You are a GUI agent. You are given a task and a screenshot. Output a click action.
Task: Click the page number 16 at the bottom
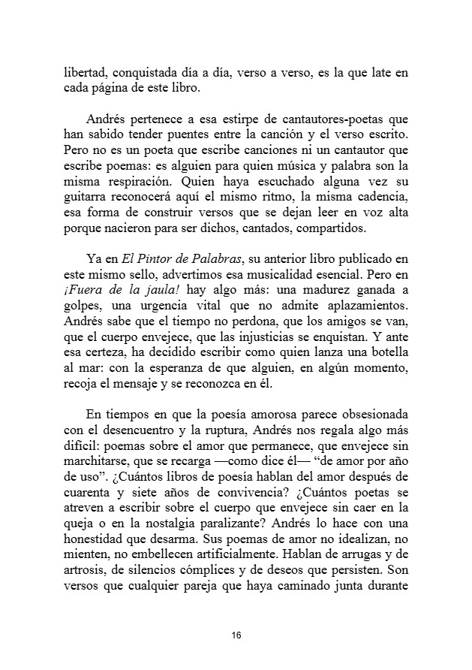point(236,635)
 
